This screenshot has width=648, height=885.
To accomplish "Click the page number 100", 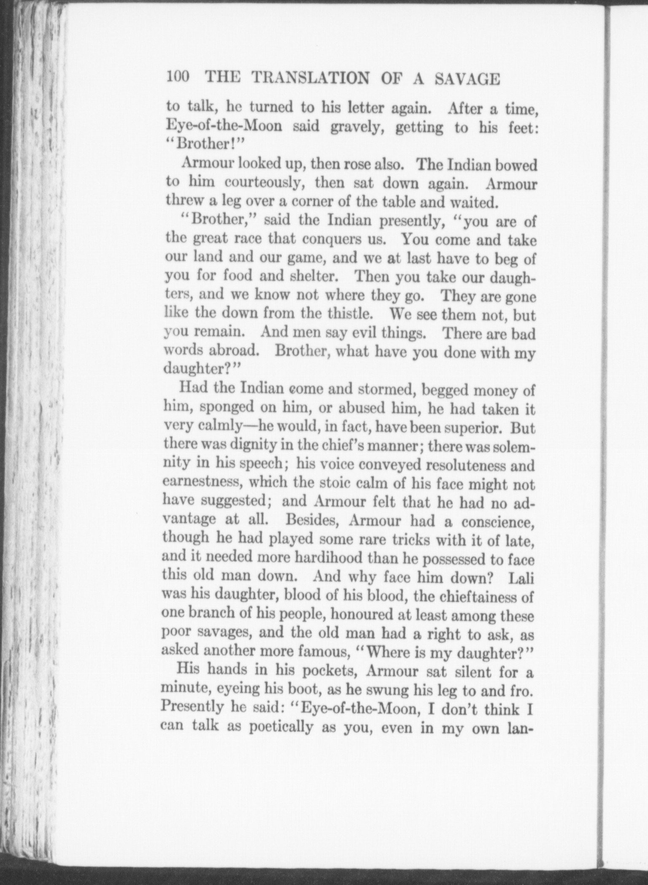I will (x=179, y=78).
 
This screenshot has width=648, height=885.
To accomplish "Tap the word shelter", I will (x=311, y=277).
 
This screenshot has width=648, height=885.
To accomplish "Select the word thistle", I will (x=352, y=315).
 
